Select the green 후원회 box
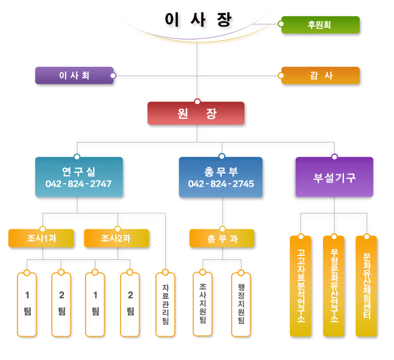click(320, 25)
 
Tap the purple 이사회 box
click(74, 76)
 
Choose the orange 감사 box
click(321, 76)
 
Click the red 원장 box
click(196, 114)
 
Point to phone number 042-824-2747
click(79, 184)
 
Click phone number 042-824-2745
click(221, 184)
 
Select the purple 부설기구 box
click(334, 177)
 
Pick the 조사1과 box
click(41, 238)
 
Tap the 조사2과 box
click(116, 238)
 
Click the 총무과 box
click(222, 238)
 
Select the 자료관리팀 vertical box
click(165, 304)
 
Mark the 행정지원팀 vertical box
click(241, 304)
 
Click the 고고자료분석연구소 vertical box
click(300, 286)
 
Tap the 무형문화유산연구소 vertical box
click(333, 286)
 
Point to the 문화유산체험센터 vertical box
click(366, 286)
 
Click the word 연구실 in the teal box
click(79, 171)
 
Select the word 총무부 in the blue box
click(221, 171)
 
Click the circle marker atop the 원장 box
click(197, 102)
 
